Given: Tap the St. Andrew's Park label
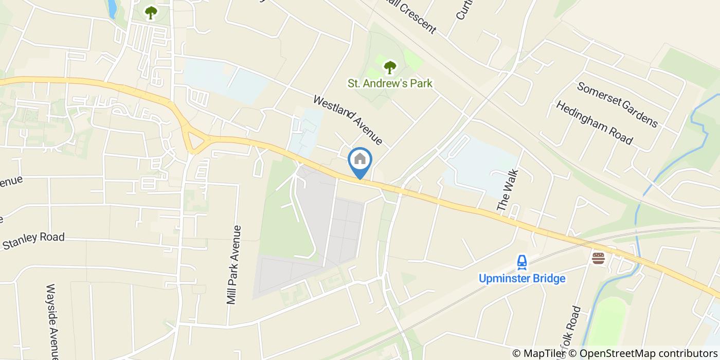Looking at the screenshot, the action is [x=390, y=83].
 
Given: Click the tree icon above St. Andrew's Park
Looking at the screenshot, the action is [x=390, y=66].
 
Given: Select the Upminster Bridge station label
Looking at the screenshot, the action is [x=522, y=279].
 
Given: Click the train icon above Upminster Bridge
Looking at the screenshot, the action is [x=522, y=263].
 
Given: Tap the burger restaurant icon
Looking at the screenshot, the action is [x=598, y=258].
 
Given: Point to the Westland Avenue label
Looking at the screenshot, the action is [x=348, y=120].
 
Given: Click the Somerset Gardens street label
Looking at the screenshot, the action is [x=617, y=104].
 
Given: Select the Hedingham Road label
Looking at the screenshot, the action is [x=594, y=122].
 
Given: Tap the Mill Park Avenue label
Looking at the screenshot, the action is [x=234, y=264].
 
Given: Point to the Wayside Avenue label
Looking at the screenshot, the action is [x=53, y=321].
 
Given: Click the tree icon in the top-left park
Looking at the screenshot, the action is [x=151, y=12].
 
